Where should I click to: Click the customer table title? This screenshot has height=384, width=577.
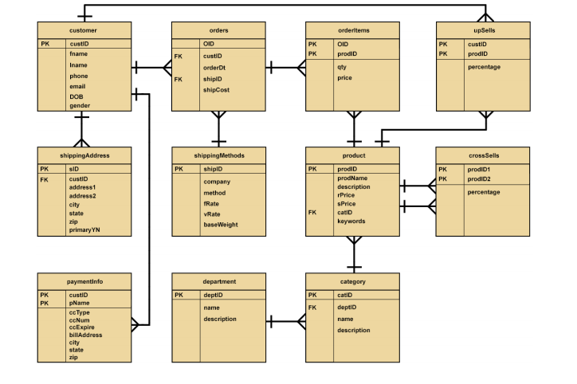point(84,29)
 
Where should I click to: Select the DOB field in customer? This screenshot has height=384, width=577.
point(77,96)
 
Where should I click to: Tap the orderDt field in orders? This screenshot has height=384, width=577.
point(214,68)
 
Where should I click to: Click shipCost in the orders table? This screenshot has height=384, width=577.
point(216,90)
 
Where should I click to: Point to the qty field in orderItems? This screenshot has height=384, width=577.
point(342,67)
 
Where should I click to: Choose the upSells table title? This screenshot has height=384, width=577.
point(484,29)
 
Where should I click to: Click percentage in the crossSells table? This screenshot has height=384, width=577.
point(484,192)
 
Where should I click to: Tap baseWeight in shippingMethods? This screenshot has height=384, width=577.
point(221,225)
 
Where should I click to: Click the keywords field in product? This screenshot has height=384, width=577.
point(351,221)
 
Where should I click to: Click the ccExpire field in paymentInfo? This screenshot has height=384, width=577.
point(84,327)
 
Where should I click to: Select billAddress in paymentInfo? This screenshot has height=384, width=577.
point(86,335)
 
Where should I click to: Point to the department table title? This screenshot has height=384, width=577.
point(218,281)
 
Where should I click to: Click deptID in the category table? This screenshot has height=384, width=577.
point(347,307)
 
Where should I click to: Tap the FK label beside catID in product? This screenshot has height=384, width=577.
point(312,213)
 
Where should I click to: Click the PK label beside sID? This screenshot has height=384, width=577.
point(45,169)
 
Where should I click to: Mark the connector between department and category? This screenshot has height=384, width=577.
point(285,322)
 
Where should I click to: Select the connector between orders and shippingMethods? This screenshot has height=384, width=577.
point(219,128)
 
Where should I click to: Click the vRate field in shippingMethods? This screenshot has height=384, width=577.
point(211,214)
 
